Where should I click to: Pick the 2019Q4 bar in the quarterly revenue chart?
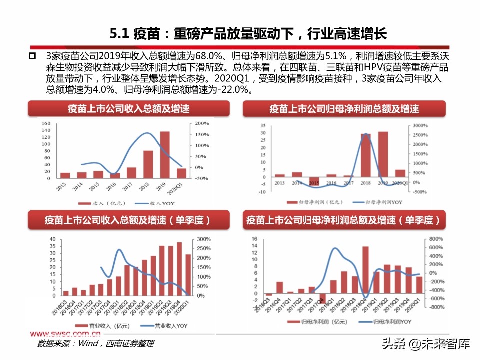(x=179, y=269)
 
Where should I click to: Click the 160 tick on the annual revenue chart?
(x=46, y=123)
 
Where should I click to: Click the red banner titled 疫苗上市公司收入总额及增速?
(x=129, y=109)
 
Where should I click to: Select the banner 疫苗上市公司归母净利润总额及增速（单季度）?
(x=343, y=220)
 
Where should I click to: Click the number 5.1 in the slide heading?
(x=120, y=34)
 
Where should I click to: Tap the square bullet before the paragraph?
(x=32, y=55)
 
